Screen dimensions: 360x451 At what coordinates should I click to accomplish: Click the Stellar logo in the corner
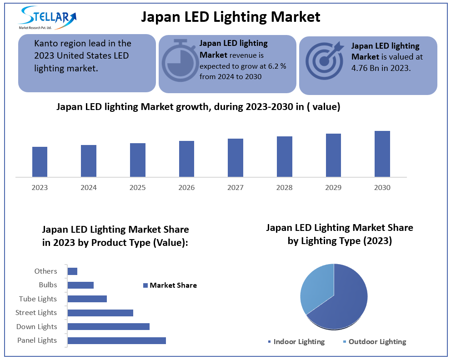[47, 18]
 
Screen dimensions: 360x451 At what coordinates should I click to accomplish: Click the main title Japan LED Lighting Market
[231, 17]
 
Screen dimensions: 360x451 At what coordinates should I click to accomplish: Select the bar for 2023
[40, 161]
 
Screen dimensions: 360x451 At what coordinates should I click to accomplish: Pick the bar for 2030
[382, 154]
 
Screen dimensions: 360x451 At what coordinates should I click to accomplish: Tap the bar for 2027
[235, 157]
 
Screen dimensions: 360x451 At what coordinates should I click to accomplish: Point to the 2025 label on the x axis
[137, 188]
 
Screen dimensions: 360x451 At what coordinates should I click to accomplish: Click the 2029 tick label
[333, 188]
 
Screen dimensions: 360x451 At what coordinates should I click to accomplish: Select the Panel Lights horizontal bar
[116, 340]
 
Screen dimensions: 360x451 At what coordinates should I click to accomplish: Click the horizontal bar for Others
[72, 271]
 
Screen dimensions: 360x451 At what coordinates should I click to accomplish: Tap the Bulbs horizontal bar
[80, 285]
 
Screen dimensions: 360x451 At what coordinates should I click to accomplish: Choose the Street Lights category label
[36, 313]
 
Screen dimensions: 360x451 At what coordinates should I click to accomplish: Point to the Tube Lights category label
[38, 299]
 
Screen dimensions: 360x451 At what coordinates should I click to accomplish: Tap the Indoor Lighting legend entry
[296, 342]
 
